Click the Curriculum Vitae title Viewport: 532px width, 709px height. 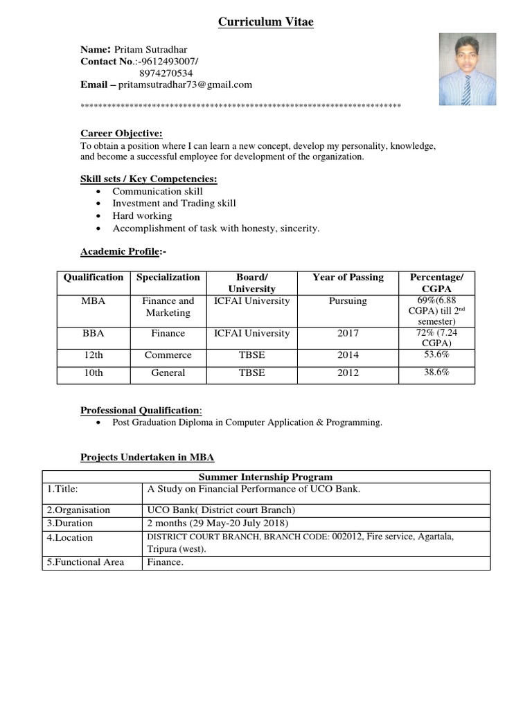(x=266, y=23)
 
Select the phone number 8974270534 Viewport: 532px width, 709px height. (x=166, y=73)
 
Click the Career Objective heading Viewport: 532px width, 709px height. (x=121, y=133)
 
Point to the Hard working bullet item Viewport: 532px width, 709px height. (x=142, y=215)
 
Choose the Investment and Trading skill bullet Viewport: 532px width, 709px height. (x=174, y=203)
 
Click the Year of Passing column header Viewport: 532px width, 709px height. (x=348, y=277)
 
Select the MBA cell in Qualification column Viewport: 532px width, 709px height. (x=93, y=301)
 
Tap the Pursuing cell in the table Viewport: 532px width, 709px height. (x=348, y=301)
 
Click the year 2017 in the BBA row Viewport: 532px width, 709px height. (x=348, y=333)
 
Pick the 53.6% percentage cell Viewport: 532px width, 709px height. (x=436, y=354)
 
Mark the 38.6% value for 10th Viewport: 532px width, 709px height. (x=436, y=372)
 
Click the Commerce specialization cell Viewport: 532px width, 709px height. (x=168, y=355)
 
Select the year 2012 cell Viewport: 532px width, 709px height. (x=348, y=373)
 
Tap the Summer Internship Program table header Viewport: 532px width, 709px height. (x=266, y=477)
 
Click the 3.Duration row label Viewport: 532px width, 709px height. (x=70, y=523)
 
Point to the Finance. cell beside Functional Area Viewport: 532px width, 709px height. (x=164, y=562)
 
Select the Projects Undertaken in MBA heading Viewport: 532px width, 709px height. (x=148, y=457)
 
